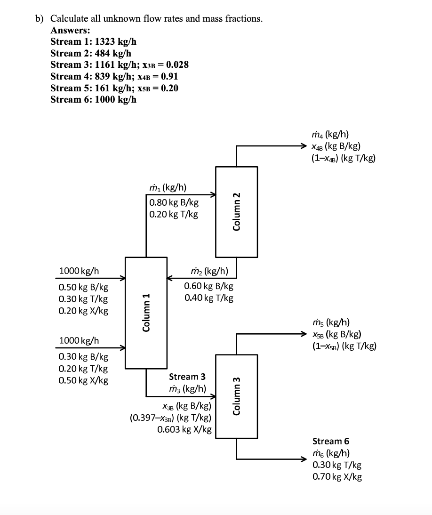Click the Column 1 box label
(146, 313)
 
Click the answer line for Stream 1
(93, 41)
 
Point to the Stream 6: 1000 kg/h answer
(93, 99)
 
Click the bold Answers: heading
(70, 30)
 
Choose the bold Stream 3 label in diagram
(187, 377)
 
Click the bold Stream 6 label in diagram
(331, 441)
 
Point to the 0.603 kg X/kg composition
(184, 429)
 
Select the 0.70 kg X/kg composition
(337, 477)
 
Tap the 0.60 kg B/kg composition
(208, 286)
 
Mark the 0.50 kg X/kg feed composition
(83, 380)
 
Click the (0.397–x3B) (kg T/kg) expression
(170, 418)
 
